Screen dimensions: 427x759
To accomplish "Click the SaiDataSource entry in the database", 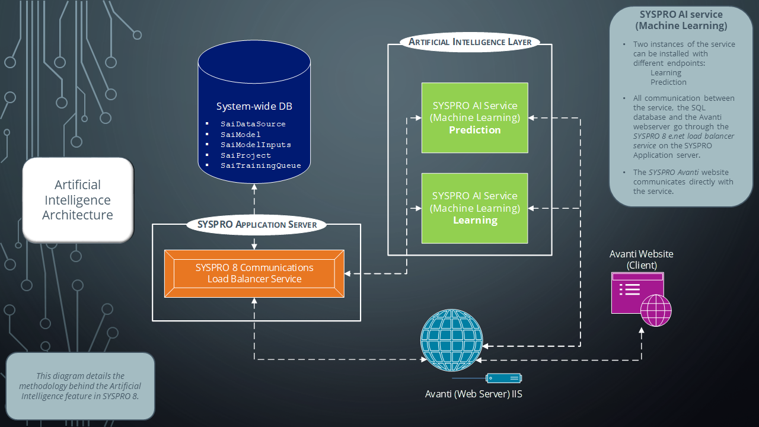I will point(253,124).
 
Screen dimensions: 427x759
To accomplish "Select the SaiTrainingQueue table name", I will point(260,165).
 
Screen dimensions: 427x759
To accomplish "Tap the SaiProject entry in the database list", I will point(245,155).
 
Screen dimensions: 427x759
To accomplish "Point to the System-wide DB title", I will point(254,107).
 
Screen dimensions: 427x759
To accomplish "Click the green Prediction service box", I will point(474,117).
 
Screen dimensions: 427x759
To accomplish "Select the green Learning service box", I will point(474,208).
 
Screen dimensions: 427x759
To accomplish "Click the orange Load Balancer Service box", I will point(254,273).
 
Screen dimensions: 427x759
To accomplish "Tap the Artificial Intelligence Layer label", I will point(470,42).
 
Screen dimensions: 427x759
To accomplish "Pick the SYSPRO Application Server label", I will point(257,225).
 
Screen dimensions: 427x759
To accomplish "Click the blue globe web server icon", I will point(451,339).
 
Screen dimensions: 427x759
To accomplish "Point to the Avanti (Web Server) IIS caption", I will point(474,394).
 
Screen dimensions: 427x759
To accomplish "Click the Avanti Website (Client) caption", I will point(641,259).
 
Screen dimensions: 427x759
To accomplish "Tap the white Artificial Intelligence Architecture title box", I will point(78,200).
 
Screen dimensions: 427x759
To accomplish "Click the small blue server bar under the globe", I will point(503,378).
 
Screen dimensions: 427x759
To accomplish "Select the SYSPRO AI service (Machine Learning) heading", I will point(681,20).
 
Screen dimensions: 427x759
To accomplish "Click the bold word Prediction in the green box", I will point(474,130).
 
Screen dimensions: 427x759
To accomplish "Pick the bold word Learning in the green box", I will point(475,220).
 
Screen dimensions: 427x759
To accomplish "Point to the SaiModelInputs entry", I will point(256,145).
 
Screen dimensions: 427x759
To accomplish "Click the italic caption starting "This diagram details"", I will point(80,385).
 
